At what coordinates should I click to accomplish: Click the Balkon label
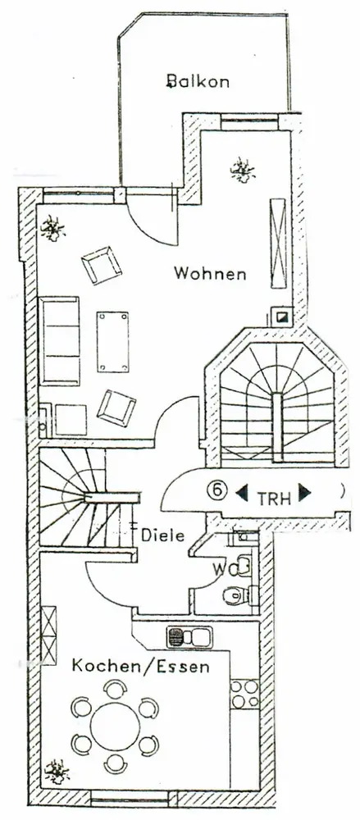tap(198, 81)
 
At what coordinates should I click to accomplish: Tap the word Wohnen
tap(210, 273)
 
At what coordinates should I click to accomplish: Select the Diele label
tap(162, 535)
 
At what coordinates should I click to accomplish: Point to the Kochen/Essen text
tap(140, 666)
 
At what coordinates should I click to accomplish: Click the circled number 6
tap(217, 490)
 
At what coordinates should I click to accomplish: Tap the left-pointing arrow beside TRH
tap(241, 493)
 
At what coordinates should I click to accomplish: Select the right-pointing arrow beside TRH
tap(304, 492)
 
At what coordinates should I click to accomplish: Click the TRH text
tap(274, 498)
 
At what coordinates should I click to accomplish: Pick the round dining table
tap(115, 727)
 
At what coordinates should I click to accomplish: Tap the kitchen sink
tap(189, 636)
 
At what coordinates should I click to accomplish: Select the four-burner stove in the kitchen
tap(245, 694)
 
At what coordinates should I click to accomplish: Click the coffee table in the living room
tap(112, 341)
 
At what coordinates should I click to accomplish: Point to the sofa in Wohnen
tap(59, 341)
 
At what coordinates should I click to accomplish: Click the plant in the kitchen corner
tap(57, 772)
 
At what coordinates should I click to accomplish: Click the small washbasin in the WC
tap(244, 566)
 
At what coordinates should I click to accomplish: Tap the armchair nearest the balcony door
tap(102, 265)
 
